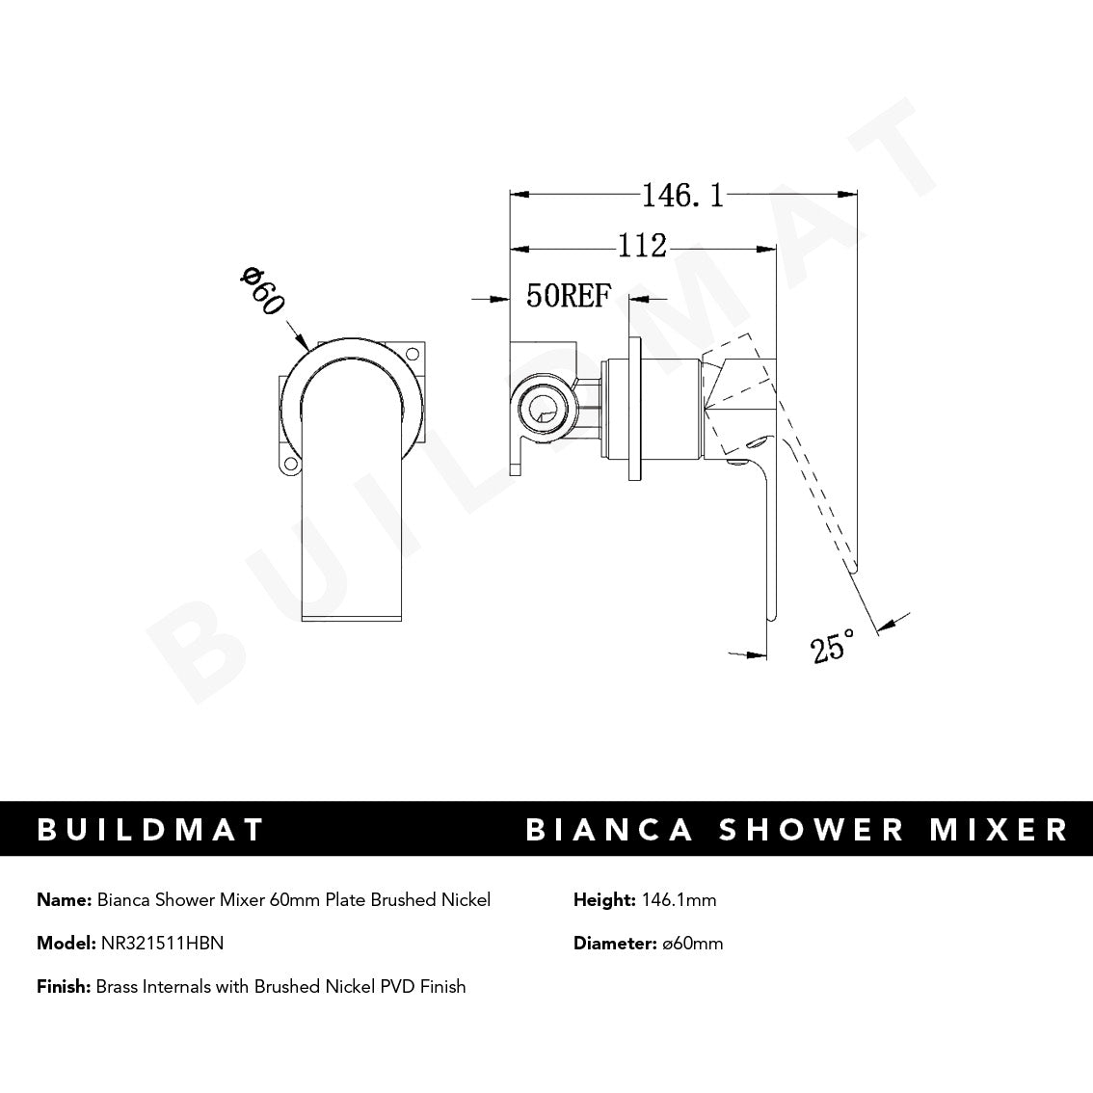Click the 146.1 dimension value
click(681, 196)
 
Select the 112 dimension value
click(642, 247)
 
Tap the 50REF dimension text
click(569, 296)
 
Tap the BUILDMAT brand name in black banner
click(150, 830)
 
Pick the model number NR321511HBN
click(162, 944)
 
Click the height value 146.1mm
click(677, 900)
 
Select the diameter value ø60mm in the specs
click(692, 944)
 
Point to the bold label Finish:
click(64, 986)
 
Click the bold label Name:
click(65, 900)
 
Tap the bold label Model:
click(67, 944)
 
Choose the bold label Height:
click(603, 900)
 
